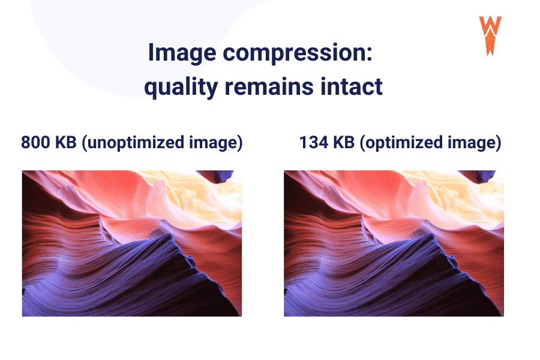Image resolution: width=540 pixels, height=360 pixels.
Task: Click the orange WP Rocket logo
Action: tap(490, 35)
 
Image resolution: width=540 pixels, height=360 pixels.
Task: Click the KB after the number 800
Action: tap(68, 143)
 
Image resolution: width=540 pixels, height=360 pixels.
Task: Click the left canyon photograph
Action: tap(131, 243)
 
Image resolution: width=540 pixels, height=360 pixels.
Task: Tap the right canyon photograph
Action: tap(394, 243)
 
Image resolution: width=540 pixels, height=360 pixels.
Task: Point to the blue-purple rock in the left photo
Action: tap(120, 276)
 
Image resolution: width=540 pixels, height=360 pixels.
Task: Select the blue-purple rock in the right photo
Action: tap(382, 276)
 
